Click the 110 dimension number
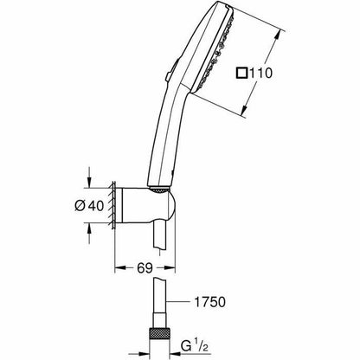pos(260,73)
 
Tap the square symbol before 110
pos(241,73)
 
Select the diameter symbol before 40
pos(80,206)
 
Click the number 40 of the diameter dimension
pos(96,206)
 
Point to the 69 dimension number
pos(145,268)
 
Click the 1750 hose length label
pos(209,302)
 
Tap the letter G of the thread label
pos(186,346)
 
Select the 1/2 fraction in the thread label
pos(202,345)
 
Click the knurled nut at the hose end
pos(159,336)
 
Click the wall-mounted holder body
pos(145,205)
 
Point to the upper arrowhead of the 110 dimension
pos(276,36)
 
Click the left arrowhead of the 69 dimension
pos(120,268)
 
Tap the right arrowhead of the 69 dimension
pos(170,268)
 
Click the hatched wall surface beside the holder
pos(112,205)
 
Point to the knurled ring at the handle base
pos(159,190)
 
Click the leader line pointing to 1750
pos(179,302)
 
